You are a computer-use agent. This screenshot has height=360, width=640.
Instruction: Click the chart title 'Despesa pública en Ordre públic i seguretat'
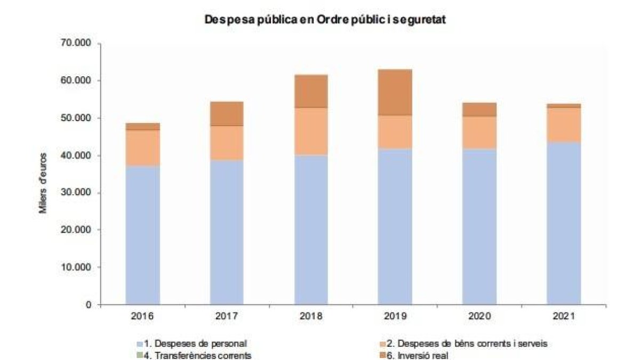[325, 20]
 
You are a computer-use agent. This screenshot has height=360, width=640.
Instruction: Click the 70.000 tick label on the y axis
[76, 43]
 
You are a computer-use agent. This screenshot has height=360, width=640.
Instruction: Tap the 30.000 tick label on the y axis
[76, 193]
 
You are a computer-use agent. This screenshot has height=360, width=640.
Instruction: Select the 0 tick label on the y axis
[89, 305]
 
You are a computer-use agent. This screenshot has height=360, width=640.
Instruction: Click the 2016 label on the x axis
[142, 316]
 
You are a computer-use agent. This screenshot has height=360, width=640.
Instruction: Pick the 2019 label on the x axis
[395, 316]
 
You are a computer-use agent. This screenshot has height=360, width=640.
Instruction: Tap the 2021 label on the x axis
[564, 316]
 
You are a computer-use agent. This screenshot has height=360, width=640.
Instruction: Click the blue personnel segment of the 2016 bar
[142, 235]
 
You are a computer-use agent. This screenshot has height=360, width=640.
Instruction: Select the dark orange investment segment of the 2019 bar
[395, 92]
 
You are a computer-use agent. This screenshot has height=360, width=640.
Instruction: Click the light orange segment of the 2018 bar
[311, 131]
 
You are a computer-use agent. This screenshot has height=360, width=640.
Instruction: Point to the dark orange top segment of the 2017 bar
[227, 113]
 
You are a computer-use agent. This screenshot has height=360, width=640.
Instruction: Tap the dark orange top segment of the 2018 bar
[311, 91]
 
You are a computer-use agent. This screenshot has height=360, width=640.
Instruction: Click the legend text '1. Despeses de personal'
[195, 343]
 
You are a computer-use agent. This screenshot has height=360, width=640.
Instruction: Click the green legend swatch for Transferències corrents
[140, 354]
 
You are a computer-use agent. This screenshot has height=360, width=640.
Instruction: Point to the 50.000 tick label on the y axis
[76, 118]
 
